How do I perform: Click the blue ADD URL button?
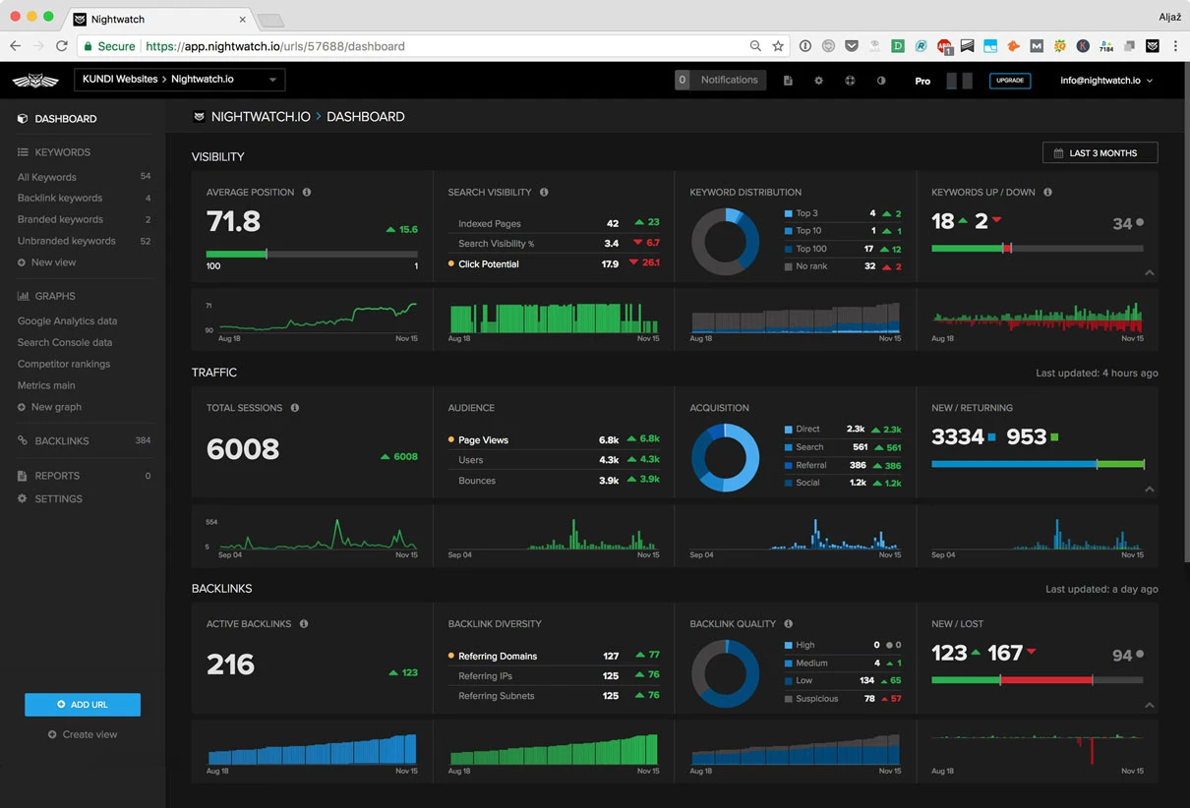83,705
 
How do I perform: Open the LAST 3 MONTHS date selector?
1100,153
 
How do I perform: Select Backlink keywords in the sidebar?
60,199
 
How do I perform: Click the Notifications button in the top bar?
720,81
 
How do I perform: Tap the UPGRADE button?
1010,81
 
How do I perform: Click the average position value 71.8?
233,222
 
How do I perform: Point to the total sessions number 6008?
243,449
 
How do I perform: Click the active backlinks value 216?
230,664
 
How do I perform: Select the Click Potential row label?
488,264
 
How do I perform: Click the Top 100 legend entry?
810,250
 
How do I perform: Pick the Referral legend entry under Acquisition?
810,465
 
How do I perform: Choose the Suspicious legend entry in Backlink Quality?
816,699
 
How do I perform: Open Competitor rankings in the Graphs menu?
64,364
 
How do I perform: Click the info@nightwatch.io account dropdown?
1105,81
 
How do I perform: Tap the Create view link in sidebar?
89,734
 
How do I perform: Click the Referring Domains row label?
498,657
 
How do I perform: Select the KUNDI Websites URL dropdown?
179,80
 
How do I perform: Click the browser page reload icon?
62,46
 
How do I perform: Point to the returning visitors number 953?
1026,437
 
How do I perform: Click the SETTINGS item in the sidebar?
58,499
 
